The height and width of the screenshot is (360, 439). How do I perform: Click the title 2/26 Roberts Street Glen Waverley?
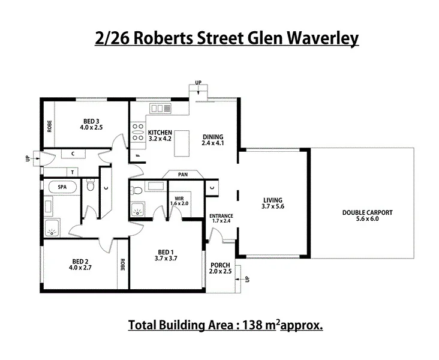click(x=227, y=38)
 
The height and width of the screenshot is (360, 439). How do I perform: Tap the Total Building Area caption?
click(x=226, y=326)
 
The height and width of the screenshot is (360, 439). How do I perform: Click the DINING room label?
click(x=212, y=136)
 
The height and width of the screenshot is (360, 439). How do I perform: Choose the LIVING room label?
click(x=272, y=200)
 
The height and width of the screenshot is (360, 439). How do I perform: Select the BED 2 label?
click(x=80, y=261)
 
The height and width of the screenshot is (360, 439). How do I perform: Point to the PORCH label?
click(x=220, y=265)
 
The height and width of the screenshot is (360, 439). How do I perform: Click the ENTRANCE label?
click(x=221, y=215)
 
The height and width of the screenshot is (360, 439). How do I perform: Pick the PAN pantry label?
click(x=182, y=175)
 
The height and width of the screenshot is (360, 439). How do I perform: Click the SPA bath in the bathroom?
click(x=62, y=187)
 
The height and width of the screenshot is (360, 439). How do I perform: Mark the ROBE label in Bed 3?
click(x=49, y=126)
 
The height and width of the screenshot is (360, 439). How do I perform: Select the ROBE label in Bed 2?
click(x=122, y=264)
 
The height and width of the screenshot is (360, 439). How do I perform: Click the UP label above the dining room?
click(x=198, y=82)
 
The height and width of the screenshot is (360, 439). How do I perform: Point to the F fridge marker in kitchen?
click(x=137, y=155)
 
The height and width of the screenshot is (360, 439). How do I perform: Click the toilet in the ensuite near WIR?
click(x=137, y=191)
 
